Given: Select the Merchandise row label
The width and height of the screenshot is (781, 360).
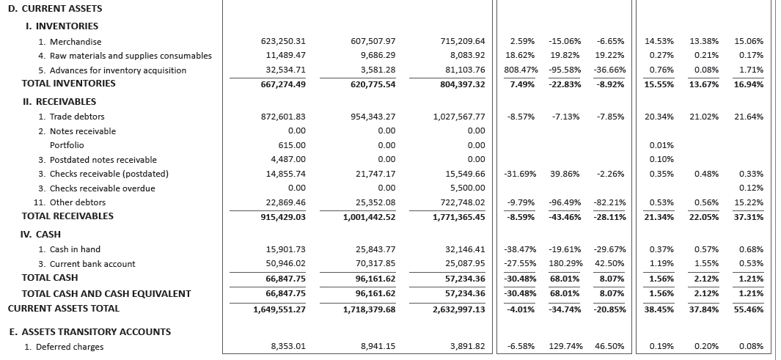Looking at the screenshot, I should pyautogui.click(x=70, y=42).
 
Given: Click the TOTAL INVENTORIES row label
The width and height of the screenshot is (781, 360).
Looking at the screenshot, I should pyautogui.click(x=69, y=84).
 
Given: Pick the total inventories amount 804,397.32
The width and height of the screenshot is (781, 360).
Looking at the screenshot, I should pyautogui.click(x=458, y=84).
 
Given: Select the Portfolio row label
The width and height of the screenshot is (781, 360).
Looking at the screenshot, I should pyautogui.click(x=67, y=145).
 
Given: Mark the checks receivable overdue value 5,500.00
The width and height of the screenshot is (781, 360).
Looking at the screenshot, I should pyautogui.click(x=467, y=188).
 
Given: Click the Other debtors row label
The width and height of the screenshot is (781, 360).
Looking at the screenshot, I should pyautogui.click(x=71, y=202).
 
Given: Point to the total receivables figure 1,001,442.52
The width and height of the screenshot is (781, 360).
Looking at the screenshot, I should pyautogui.click(x=369, y=217).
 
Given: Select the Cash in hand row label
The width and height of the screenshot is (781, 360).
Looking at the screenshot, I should pyautogui.click(x=70, y=249).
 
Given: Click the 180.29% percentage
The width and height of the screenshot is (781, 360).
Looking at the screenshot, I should pyautogui.click(x=565, y=264).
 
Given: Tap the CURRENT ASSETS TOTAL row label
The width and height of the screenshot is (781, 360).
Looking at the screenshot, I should pyautogui.click(x=63, y=309).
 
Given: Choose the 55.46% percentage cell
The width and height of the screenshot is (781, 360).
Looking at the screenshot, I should pyautogui.click(x=748, y=309).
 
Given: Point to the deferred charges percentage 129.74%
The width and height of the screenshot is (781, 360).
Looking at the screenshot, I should pyautogui.click(x=565, y=347).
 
